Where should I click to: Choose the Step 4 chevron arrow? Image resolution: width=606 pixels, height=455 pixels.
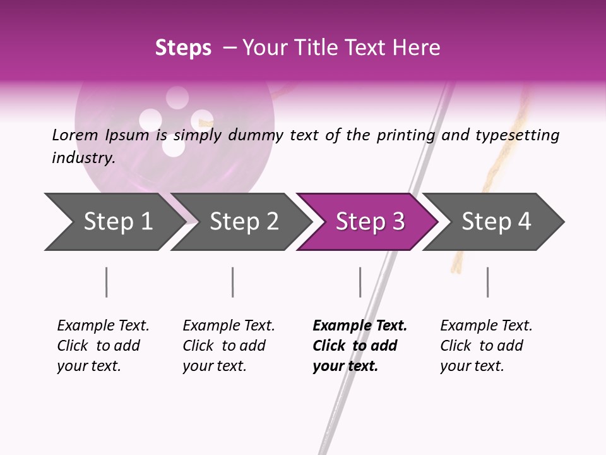click(495, 222)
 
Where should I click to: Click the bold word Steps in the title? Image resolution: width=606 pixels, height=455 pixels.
click(183, 48)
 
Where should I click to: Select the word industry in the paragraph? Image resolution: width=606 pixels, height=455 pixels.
click(83, 158)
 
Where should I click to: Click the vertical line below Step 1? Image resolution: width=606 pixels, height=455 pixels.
click(107, 282)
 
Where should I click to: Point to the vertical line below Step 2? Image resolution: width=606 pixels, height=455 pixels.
click(233, 282)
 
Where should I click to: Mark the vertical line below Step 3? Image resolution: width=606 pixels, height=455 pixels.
click(360, 282)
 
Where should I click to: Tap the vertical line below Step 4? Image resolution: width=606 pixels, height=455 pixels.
click(487, 282)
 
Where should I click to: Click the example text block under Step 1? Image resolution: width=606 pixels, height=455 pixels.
click(102, 346)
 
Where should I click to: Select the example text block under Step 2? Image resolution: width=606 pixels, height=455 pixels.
click(229, 346)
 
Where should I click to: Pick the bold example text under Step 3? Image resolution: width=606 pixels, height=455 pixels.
click(359, 346)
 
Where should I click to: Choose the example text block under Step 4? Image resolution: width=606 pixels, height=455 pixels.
click(485, 346)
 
